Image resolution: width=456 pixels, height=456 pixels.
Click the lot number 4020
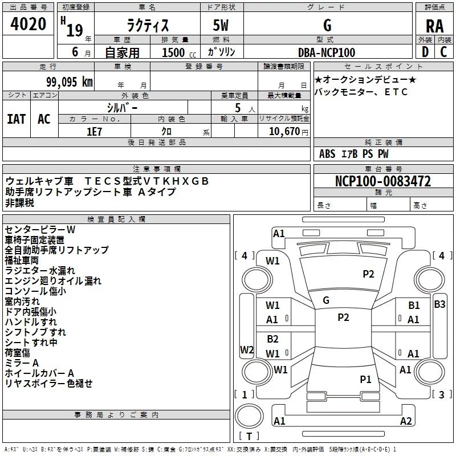pos(28,24)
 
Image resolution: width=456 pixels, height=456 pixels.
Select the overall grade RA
pos(434,26)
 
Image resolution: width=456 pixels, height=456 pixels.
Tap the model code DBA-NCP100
pos(327,52)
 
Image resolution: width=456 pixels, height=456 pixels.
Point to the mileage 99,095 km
pos(70,82)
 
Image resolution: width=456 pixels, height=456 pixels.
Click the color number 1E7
pos(94,132)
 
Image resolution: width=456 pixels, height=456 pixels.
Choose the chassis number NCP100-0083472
pos(383,181)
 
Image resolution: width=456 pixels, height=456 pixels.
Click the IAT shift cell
pos(17,119)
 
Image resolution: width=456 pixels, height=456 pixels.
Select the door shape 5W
pos(221,25)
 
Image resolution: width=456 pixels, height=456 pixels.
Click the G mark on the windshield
pos(326,300)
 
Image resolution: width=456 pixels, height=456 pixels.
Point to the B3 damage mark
pos(439,304)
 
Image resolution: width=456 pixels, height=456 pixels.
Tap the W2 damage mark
pos(247,349)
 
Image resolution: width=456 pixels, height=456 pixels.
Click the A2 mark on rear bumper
pos(406,421)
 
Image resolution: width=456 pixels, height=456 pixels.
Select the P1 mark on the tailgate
pos(365,379)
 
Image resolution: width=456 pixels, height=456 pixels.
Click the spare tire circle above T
pos(249,416)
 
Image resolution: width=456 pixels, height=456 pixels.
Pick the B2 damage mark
pos(273,339)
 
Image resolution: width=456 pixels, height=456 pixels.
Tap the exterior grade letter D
pos(425,52)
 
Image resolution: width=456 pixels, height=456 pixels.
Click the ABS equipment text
pos(327,154)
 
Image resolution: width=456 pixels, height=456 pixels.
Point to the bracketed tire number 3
pos(441,394)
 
